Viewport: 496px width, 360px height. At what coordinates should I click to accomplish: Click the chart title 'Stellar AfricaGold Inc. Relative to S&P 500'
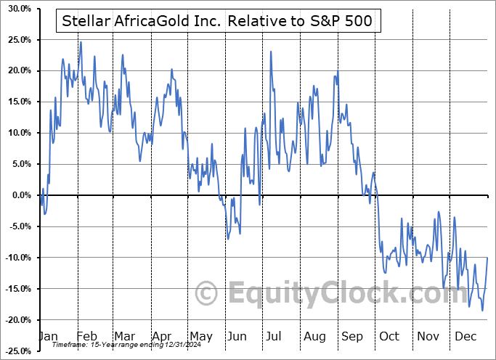pyautogui.click(x=216, y=21)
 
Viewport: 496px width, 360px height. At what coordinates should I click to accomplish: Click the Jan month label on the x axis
pyautogui.click(x=48, y=337)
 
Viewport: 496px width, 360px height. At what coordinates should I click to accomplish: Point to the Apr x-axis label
pyautogui.click(x=160, y=337)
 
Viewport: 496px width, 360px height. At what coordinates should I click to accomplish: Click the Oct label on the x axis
pyautogui.click(x=389, y=337)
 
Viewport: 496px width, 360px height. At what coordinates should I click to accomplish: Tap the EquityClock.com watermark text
pyautogui.click(x=312, y=294)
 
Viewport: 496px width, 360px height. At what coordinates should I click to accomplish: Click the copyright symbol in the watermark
pyautogui.click(x=208, y=294)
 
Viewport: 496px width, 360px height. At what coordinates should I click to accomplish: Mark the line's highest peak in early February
pyautogui.click(x=81, y=42)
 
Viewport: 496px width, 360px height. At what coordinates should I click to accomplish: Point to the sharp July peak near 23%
pyautogui.click(x=271, y=52)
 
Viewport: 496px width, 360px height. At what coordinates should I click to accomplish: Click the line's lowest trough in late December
pyautogui.click(x=482, y=311)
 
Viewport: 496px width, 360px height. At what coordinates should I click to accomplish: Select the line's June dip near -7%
pyautogui.click(x=228, y=239)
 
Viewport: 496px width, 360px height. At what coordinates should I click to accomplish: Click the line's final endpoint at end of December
pyautogui.click(x=487, y=258)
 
